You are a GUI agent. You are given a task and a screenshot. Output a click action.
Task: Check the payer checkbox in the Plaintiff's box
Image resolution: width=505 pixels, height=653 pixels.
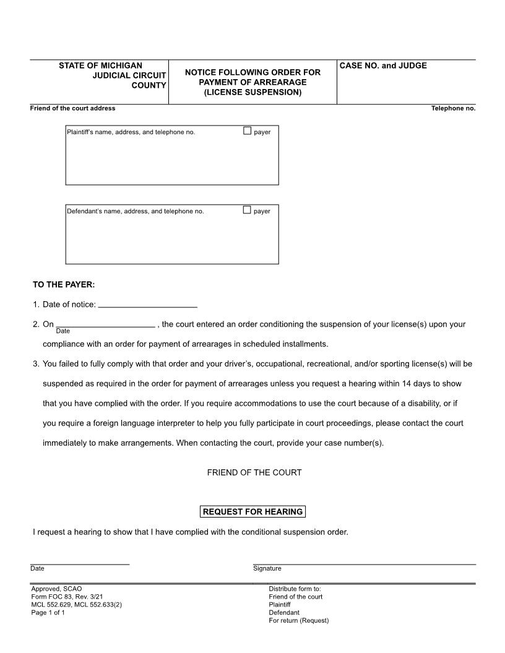pos(248,131)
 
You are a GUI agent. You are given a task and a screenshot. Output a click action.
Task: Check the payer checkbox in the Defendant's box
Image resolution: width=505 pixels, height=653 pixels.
pos(248,210)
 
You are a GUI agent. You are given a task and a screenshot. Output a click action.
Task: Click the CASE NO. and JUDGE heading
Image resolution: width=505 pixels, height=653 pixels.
pos(383,66)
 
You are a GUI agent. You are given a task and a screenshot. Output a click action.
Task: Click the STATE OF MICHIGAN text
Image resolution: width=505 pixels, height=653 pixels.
pos(100,66)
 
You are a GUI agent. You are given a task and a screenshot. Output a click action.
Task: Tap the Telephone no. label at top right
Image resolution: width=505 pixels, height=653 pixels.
pos(453,108)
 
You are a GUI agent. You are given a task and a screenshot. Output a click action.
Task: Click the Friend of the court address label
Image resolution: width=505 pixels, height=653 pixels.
pos(72,108)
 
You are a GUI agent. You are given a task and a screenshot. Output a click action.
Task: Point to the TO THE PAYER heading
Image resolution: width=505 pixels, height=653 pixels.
pos(64,285)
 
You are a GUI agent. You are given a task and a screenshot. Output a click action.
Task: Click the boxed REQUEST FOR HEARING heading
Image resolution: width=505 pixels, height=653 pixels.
pos(253,511)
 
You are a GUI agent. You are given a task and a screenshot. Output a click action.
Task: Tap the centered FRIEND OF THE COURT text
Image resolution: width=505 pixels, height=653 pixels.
pos(254,472)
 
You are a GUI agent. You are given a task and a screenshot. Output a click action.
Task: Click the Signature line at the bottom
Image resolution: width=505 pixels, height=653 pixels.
pos(364,563)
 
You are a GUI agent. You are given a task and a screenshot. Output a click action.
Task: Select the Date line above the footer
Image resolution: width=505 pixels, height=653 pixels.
pos(80,563)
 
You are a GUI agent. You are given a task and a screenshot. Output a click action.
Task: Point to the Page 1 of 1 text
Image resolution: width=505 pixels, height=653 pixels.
pos(48,613)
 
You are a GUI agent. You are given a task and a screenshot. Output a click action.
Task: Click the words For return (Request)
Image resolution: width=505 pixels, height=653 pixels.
pos(298,620)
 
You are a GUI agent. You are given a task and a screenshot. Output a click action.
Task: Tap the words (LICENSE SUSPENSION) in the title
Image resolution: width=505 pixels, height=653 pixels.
pos(252,92)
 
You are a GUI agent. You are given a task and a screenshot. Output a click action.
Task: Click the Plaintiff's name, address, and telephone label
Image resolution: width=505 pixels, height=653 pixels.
pos(131,132)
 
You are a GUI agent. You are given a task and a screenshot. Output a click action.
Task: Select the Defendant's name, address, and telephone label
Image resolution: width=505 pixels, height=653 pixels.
pos(136,211)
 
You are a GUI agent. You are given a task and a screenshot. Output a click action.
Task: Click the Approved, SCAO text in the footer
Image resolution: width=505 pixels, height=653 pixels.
pos(56,589)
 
